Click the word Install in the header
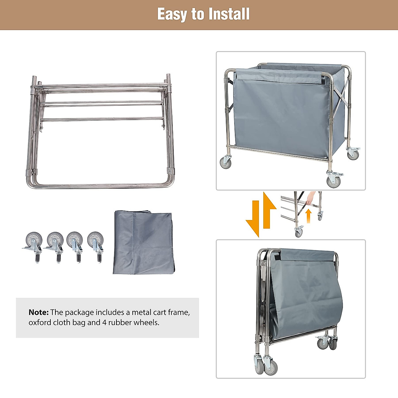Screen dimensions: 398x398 tap(229, 14)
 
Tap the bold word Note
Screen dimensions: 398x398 tap(38, 312)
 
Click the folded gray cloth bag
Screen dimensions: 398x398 tap(143, 242)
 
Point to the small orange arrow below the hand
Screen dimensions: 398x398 tap(308, 216)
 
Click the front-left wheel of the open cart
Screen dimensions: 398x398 tap(226, 162)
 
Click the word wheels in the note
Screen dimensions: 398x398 tap(146, 322)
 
